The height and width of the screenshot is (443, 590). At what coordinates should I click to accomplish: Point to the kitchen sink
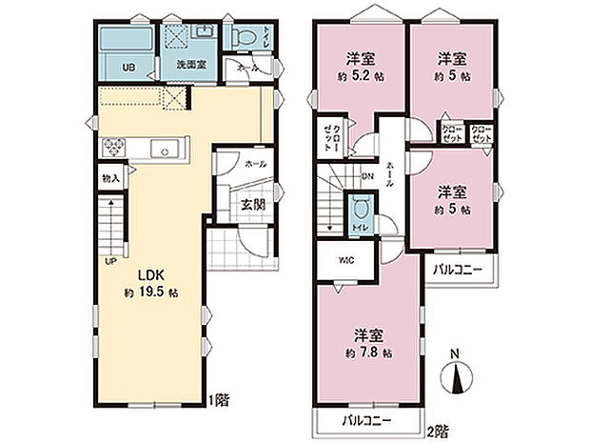165,149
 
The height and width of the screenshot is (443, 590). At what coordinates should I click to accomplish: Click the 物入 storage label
110,178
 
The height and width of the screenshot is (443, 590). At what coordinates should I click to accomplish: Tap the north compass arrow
455,377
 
